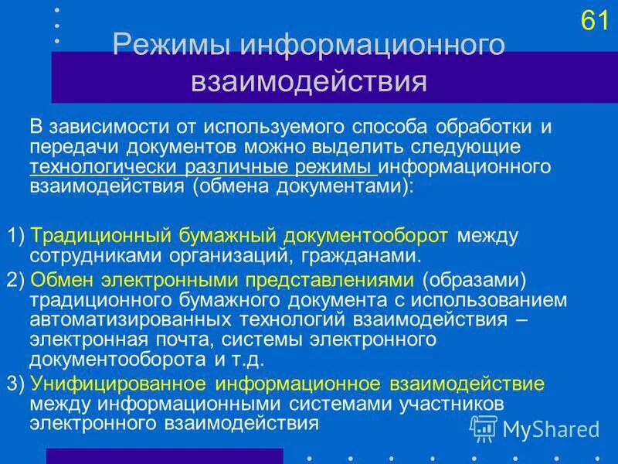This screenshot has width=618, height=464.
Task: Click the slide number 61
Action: click(x=594, y=21)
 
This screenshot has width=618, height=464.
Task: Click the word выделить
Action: click(x=331, y=147)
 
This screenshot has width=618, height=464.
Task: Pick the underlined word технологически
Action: click(x=104, y=167)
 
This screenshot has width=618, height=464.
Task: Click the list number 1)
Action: click(x=15, y=235)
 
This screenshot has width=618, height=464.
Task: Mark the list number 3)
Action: click(x=15, y=383)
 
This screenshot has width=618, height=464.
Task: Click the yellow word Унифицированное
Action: click(x=118, y=383)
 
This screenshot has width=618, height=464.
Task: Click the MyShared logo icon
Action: click(x=484, y=428)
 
